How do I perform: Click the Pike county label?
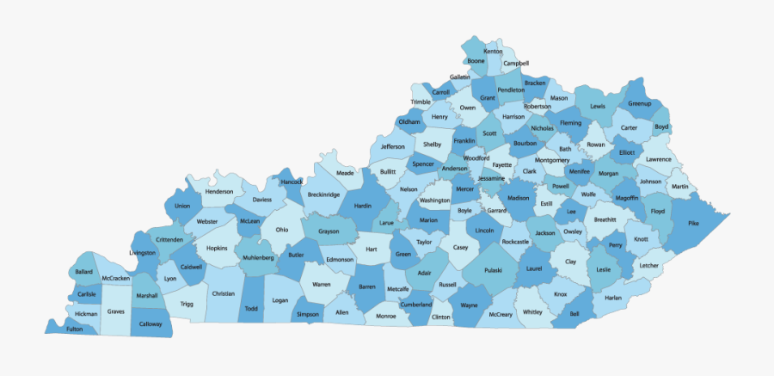coord(693,223)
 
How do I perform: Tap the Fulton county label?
coord(75,328)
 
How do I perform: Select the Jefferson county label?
coord(392,146)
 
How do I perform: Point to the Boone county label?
coord(476,61)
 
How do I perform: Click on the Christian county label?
coord(223,293)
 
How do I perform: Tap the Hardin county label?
coord(362,206)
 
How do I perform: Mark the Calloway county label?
coord(150,324)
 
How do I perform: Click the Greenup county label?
coord(640,103)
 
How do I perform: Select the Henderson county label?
coord(219,191)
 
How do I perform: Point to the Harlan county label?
coord(612,298)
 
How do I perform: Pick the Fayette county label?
coord(502,164)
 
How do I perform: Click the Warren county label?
coord(321,284)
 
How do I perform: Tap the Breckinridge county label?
coord(322,194)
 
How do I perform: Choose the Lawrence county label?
coord(659,159)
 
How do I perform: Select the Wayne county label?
coord(470,305)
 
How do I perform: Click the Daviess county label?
coord(261,199)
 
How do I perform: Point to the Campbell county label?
coord(516,63)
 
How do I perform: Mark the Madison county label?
coord(519,197)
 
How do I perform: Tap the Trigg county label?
coord(187,304)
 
